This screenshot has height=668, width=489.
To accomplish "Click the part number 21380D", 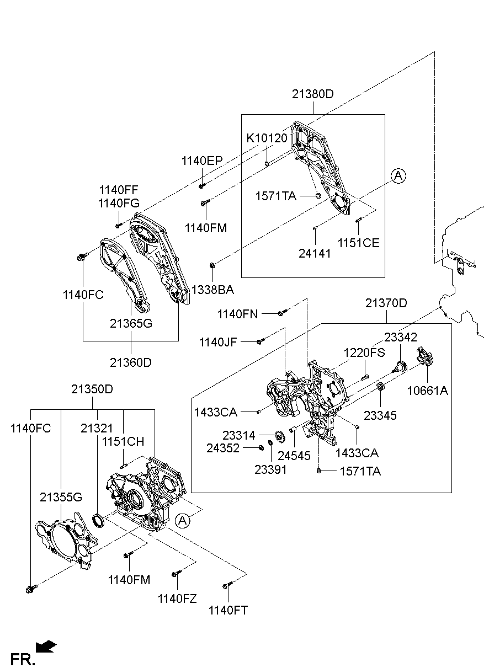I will (x=313, y=94).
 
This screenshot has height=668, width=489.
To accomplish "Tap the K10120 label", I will (x=267, y=138).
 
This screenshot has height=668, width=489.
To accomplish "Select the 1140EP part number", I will (x=201, y=161).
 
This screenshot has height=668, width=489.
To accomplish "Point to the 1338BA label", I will (x=212, y=290).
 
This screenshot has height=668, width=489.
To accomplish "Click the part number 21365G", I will (x=131, y=323).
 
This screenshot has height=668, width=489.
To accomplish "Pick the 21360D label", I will (x=131, y=362).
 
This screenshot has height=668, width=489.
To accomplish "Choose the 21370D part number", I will (x=386, y=303).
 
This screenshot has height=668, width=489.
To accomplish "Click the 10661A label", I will (x=428, y=391).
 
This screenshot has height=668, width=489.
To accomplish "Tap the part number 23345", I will (x=380, y=415).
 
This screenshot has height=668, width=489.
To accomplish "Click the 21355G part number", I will (x=61, y=498).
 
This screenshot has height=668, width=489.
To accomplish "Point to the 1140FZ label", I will (x=177, y=598).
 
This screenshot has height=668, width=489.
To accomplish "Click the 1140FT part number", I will (x=228, y=610).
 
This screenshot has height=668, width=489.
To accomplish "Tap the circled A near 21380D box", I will (x=398, y=176).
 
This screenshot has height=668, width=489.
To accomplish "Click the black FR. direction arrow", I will (x=47, y=646).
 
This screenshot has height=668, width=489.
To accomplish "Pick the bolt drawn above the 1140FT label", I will (x=227, y=585).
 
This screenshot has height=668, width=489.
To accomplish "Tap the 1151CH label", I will (x=123, y=441).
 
